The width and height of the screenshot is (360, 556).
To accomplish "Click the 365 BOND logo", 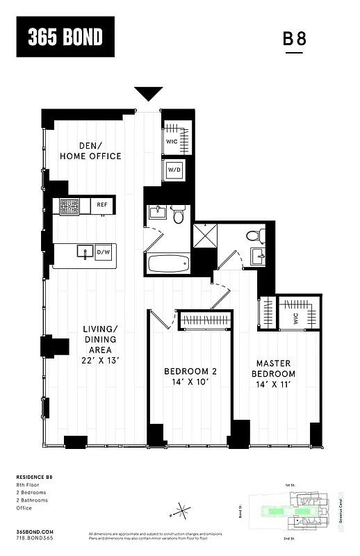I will [65, 37].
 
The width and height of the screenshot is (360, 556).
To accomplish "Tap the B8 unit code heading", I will [294, 39].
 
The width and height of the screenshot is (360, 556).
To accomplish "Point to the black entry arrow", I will [148, 94].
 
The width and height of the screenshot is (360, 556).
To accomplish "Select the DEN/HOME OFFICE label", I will [90, 151].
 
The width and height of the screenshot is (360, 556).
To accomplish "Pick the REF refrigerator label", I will [102, 205].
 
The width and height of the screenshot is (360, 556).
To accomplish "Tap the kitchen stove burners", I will [69, 206].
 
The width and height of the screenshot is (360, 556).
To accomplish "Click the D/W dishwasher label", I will [103, 252].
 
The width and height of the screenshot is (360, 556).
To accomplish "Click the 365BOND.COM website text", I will [33, 530].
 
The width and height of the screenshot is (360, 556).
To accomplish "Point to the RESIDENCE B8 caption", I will [34, 477].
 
